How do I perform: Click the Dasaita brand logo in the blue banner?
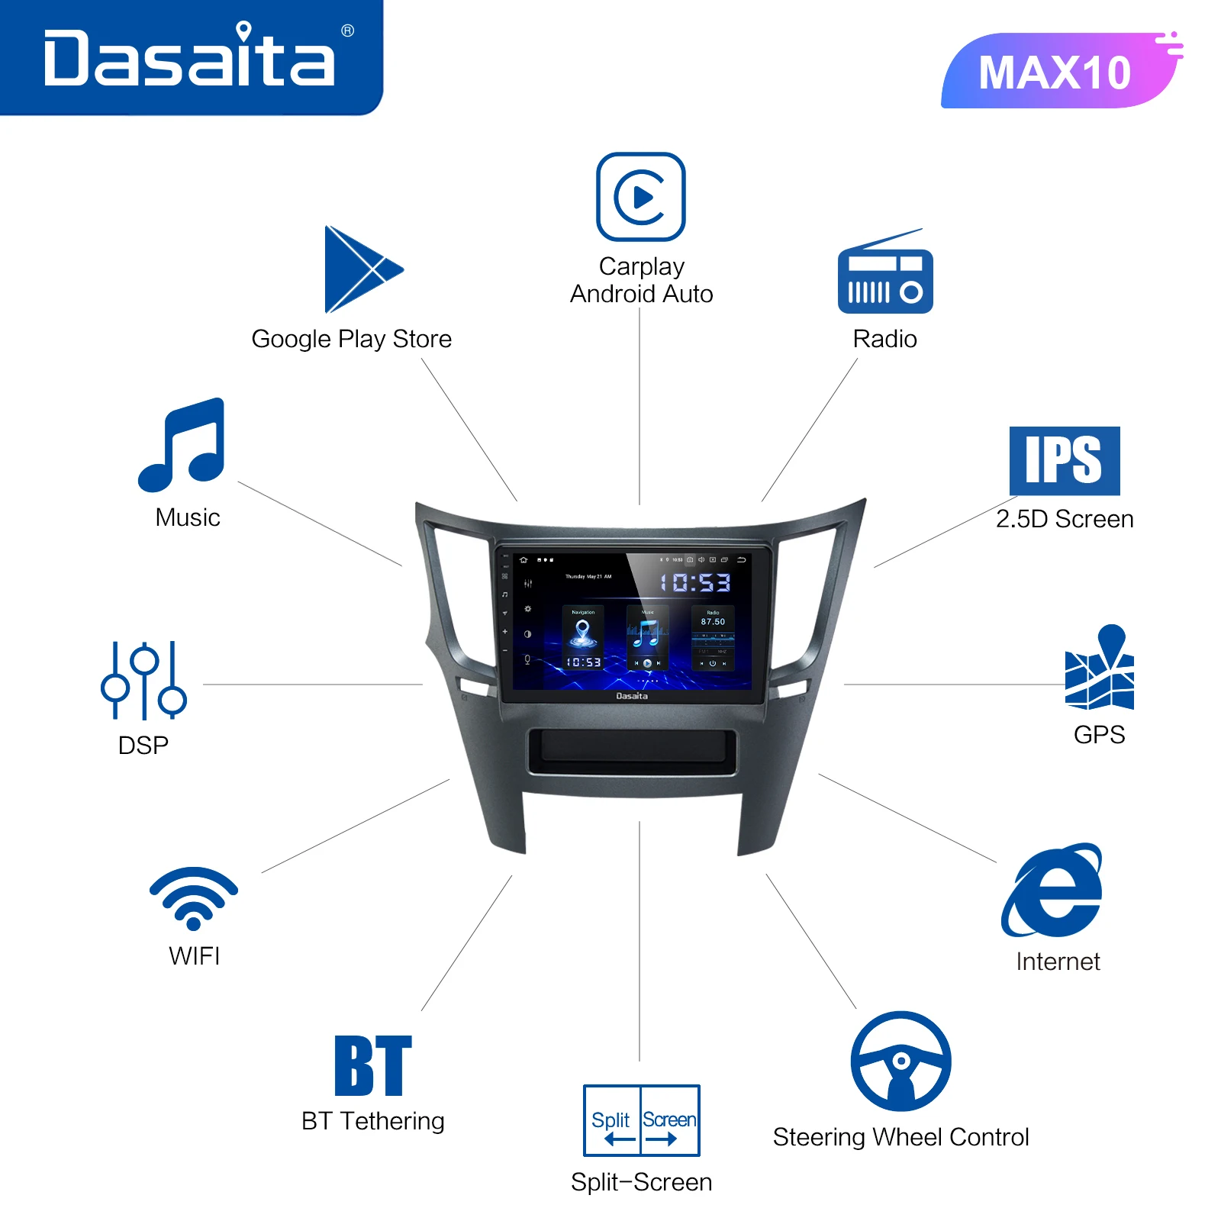pyautogui.click(x=189, y=58)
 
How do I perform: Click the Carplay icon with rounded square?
pyautogui.click(x=640, y=197)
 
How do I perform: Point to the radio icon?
pyautogui.click(x=885, y=279)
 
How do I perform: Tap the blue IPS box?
pyautogui.click(x=1064, y=461)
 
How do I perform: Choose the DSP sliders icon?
pyautogui.click(x=143, y=681)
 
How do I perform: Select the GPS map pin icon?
pyautogui.click(x=1100, y=668)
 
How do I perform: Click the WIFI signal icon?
pyautogui.click(x=194, y=897)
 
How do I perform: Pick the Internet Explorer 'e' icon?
pyautogui.click(x=1053, y=891)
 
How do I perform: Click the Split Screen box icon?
pyautogui.click(x=641, y=1120)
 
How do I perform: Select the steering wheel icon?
pyautogui.click(x=900, y=1062)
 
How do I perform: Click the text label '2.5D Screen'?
pyautogui.click(x=1064, y=519)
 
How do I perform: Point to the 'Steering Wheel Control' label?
pyautogui.click(x=900, y=1137)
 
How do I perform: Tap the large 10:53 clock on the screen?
pyautogui.click(x=694, y=583)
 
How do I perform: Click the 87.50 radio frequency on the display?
pyautogui.click(x=713, y=622)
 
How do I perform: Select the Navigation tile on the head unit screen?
pyautogui.click(x=583, y=638)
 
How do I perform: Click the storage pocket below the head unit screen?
pyautogui.click(x=632, y=751)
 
